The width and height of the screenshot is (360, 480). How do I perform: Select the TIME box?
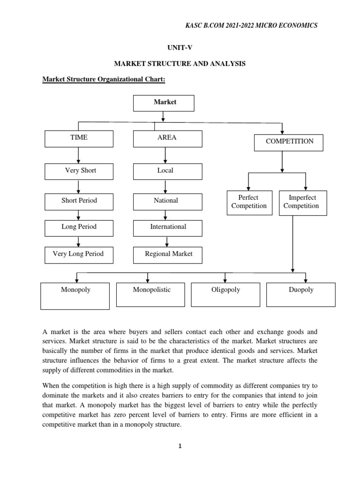[78, 139]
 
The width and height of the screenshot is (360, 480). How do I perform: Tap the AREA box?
[168, 139]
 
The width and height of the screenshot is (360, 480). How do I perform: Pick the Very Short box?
[78, 171]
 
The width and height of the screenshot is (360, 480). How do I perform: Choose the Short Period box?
[78, 201]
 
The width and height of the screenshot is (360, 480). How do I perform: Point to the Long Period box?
[78, 227]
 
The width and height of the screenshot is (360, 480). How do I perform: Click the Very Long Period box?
[78, 255]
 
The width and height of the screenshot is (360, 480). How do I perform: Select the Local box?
[168, 171]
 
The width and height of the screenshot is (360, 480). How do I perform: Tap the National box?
[168, 201]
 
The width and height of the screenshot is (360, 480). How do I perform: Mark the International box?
[168, 227]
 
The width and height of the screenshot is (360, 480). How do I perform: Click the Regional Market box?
[168, 255]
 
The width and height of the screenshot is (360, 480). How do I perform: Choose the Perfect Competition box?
[249, 202]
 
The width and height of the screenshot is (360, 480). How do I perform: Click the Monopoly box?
[75, 296]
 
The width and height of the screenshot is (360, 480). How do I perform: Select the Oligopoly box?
[225, 294]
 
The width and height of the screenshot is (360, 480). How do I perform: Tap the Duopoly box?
[300, 294]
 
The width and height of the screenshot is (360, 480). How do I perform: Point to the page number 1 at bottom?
[179, 446]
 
